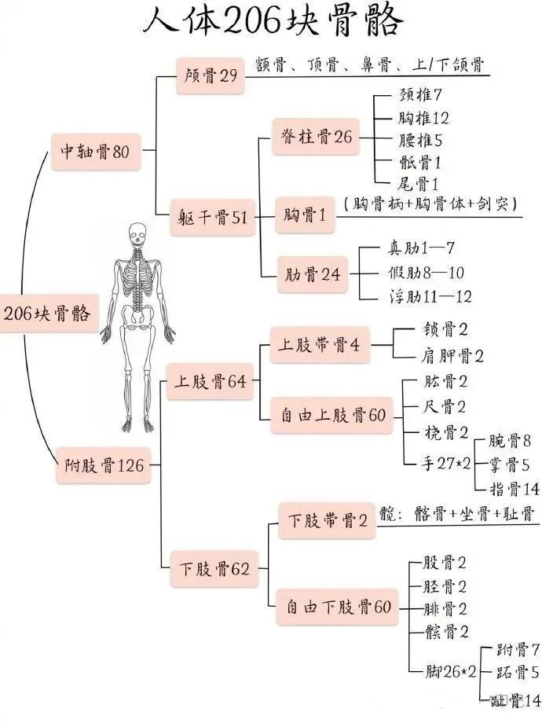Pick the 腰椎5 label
tap(420, 141)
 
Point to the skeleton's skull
tap(139, 234)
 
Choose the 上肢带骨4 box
tap(319, 346)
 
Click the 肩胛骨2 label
tap(449, 356)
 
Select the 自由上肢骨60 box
tap(333, 414)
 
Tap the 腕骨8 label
tap(510, 440)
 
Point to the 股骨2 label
tap(445, 563)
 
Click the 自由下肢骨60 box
tap(338, 606)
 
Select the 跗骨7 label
tap(518, 650)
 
